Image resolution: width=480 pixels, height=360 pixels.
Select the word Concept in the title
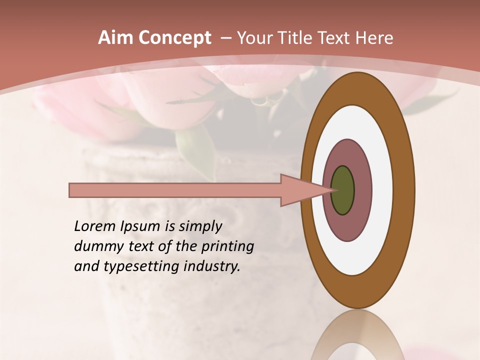pos(174,38)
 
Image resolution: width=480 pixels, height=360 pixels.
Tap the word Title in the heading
pos(297,38)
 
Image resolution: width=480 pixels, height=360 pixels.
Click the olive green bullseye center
pos(343,190)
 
